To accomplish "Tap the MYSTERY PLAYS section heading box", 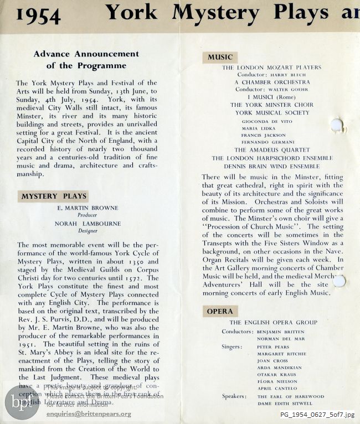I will [x=54, y=196].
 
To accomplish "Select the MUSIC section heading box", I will [x=220, y=57].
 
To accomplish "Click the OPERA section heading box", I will [x=220, y=311].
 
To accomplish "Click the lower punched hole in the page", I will [x=339, y=281].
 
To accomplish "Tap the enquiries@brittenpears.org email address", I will [x=89, y=413].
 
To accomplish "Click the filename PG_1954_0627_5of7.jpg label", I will [x=317, y=415].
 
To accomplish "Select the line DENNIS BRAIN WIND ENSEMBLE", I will [x=271, y=166].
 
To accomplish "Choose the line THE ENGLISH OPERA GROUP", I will [x=274, y=323].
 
